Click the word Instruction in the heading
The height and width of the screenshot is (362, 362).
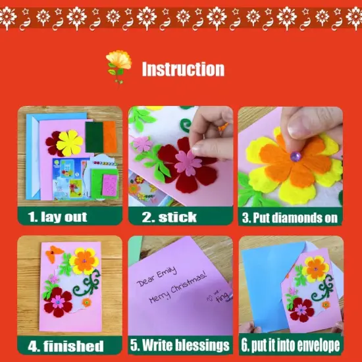click(x=183, y=69)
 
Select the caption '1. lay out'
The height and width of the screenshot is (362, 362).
click(x=58, y=216)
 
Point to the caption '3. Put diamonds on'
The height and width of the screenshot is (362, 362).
click(x=290, y=216)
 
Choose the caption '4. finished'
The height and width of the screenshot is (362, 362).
click(x=65, y=346)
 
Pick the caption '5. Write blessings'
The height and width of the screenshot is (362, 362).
click(x=180, y=346)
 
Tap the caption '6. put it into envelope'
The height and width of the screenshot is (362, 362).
click(x=290, y=346)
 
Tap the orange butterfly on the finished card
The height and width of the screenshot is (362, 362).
click(x=55, y=251)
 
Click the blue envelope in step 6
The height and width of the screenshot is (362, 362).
click(x=263, y=283)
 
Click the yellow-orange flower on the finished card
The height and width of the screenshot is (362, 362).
click(x=84, y=261)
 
